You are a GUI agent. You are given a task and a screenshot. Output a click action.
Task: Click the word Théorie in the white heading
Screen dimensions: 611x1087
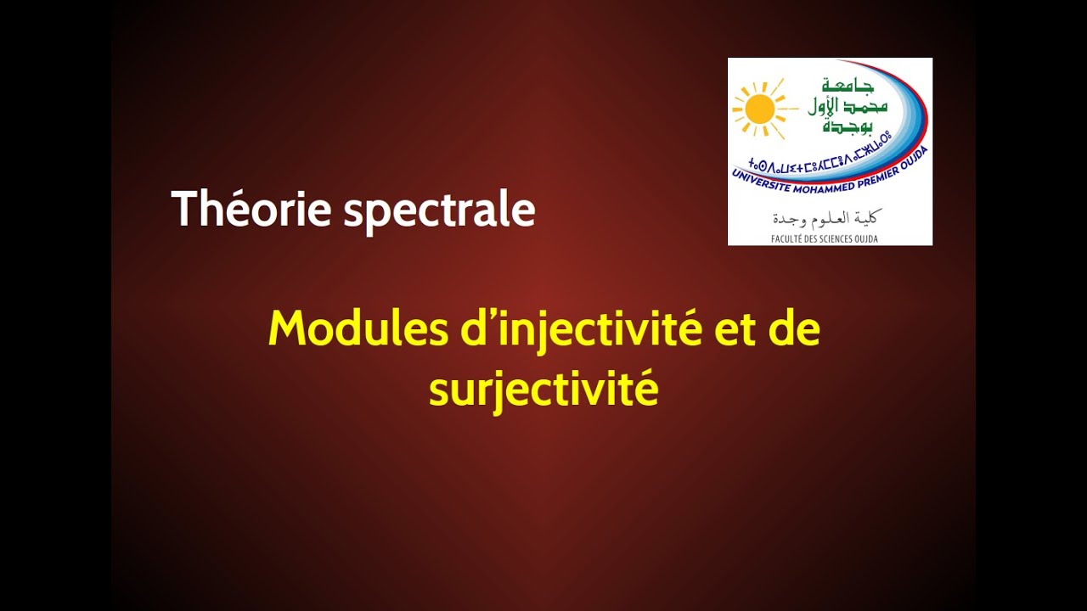click(251, 209)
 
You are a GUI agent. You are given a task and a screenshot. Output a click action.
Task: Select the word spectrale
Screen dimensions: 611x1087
click(439, 211)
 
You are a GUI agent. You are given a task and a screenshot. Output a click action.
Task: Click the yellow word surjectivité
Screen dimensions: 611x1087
click(543, 390)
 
